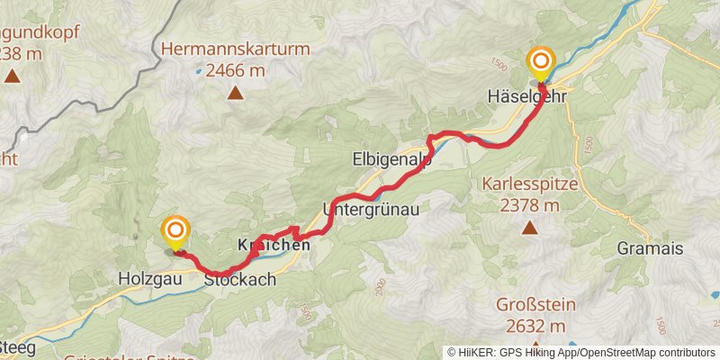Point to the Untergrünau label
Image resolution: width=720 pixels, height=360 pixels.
click(371, 208)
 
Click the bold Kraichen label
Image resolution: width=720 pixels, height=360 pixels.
click(274, 245)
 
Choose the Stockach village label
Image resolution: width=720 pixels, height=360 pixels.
click(239, 280)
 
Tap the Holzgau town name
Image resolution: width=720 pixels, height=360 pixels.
click(150, 280)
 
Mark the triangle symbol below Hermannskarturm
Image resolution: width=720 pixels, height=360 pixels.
click(235, 92)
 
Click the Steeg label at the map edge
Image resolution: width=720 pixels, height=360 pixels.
click(16, 346)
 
